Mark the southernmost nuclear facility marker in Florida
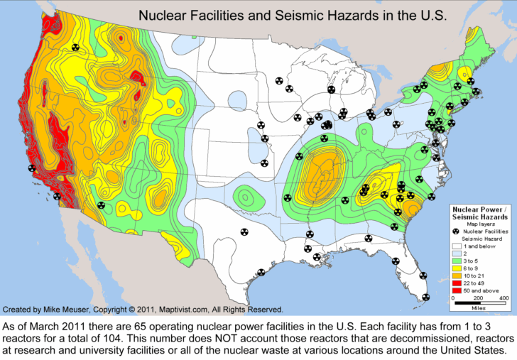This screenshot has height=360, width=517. [425, 297]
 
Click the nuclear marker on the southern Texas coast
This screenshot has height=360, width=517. [261, 272]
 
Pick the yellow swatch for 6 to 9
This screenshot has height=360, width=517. [457, 270]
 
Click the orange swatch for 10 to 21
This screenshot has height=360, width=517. [457, 277]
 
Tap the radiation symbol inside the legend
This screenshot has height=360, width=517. [457, 231]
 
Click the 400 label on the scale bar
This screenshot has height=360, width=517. [504, 299]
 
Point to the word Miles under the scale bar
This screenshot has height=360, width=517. [482, 309]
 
